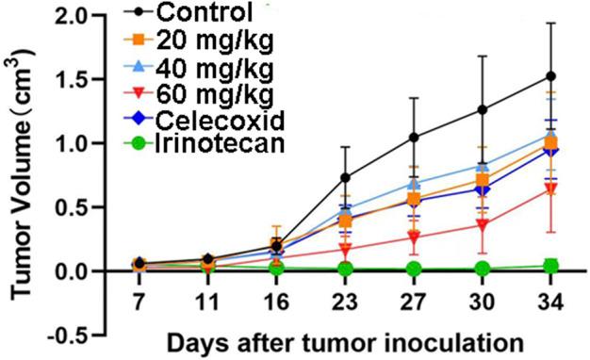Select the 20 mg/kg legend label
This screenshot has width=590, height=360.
[208, 41]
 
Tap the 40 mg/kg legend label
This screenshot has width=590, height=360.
[208, 68]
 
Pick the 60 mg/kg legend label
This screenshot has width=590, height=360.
[208, 94]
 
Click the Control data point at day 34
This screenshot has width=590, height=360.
[551, 76]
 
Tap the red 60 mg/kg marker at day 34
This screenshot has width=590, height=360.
[551, 189]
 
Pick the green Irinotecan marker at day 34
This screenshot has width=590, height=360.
[551, 266]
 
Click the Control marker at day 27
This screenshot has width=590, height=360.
[414, 138]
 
